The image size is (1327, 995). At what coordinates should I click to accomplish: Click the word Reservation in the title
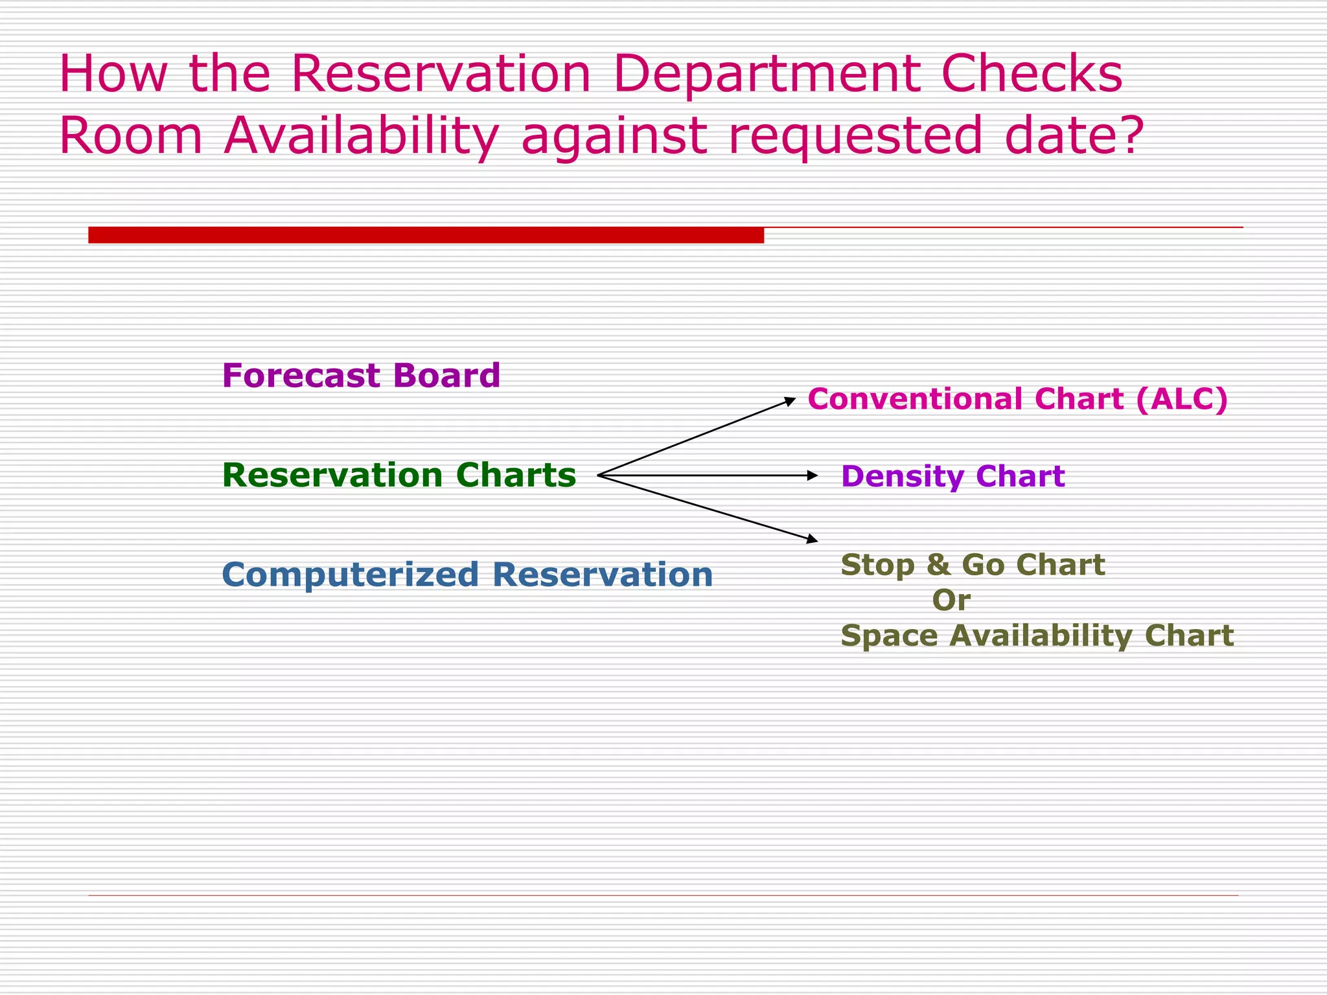(441, 73)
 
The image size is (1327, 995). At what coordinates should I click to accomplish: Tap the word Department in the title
(767, 73)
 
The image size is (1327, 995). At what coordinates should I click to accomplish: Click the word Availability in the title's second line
(361, 136)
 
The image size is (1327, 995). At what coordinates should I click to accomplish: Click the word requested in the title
(855, 136)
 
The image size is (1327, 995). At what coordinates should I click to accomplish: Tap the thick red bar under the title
(426, 235)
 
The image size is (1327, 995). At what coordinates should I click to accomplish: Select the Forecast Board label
(361, 376)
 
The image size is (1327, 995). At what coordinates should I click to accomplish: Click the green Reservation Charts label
(398, 475)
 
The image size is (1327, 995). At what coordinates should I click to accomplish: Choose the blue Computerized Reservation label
(467, 575)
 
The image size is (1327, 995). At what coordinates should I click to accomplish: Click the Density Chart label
(952, 476)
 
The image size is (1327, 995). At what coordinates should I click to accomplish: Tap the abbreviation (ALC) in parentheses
(1182, 399)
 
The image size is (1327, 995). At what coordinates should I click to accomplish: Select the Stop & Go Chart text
(972, 565)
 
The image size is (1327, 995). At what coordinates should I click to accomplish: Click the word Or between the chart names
(951, 600)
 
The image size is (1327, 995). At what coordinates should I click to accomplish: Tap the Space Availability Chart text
(1037, 635)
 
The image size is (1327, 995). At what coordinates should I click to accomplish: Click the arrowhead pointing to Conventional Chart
(790, 401)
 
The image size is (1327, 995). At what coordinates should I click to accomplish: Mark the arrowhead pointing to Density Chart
(813, 475)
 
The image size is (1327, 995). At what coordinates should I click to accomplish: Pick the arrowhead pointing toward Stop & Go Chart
(812, 539)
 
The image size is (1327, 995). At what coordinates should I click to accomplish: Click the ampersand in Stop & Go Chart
(938, 565)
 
